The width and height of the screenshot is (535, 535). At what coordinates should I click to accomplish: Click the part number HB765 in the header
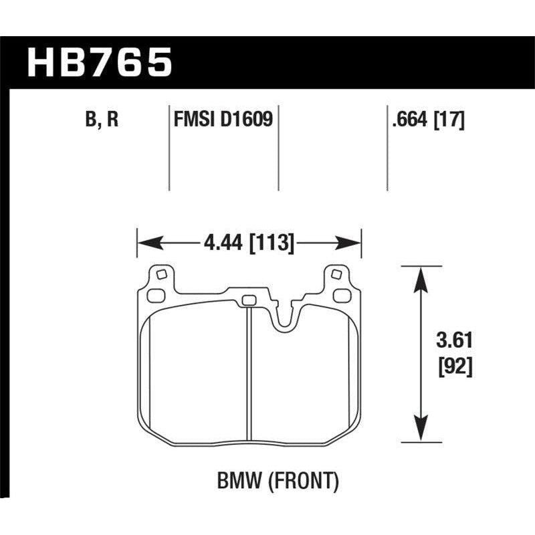[99, 63]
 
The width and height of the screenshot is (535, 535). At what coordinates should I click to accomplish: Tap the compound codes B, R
[102, 121]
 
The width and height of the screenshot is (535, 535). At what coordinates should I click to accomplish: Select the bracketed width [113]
[272, 243]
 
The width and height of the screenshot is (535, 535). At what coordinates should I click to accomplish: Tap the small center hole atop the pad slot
[249, 300]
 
